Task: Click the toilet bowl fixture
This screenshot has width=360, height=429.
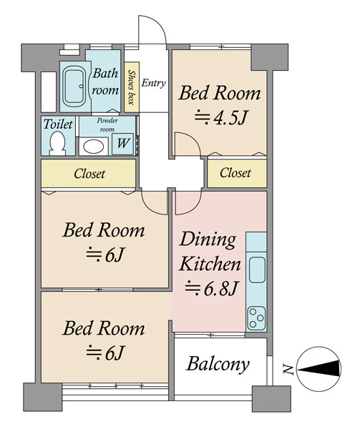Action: coord(58,143)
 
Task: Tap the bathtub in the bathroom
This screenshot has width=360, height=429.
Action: coord(74,87)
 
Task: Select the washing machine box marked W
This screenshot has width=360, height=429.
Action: coord(122,144)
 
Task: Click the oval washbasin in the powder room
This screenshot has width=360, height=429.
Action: coord(93,147)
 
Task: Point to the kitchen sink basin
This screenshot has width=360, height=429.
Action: coord(257,270)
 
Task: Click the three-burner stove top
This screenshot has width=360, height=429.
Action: coord(256,318)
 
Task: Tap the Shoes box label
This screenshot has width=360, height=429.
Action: coord(132,87)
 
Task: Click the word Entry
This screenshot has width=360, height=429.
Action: coord(154,83)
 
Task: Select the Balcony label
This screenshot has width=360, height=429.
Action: coord(218,365)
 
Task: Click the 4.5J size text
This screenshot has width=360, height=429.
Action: coord(221,118)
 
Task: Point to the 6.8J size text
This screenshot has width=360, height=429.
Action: coord(210,288)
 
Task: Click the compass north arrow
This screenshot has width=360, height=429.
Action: coord(319,369)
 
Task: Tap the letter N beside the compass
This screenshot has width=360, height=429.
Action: coord(288,370)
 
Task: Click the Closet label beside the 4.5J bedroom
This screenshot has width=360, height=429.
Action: coord(235,173)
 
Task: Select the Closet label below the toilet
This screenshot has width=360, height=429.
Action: coord(89,174)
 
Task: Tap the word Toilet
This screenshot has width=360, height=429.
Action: coord(58,124)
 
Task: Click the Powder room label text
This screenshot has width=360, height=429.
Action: coord(107,124)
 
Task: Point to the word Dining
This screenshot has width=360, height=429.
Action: coord(208,240)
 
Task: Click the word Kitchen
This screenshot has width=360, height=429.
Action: coord(210,264)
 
